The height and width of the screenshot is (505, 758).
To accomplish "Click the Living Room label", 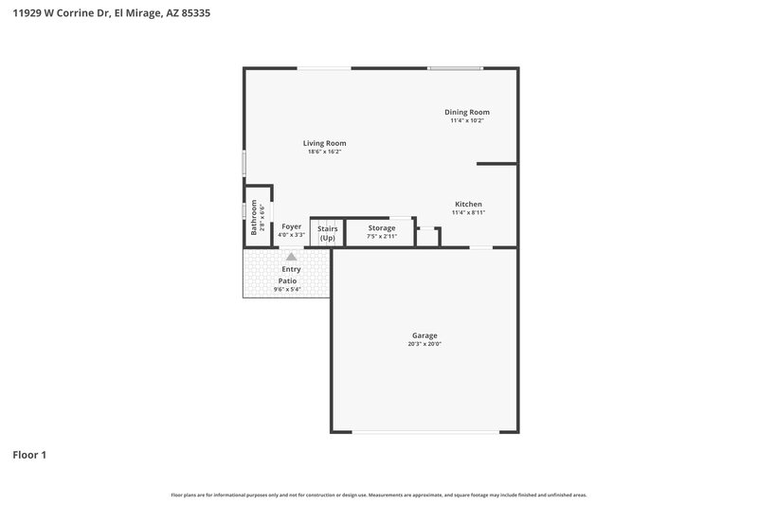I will pyautogui.click(x=324, y=143).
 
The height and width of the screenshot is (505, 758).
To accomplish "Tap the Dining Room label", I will pyautogui.click(x=467, y=112).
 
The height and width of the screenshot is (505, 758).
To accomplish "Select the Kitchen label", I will pyautogui.click(x=468, y=204).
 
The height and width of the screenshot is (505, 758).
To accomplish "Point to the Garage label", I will pyautogui.click(x=424, y=335).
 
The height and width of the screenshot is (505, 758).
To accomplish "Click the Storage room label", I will pyautogui.click(x=382, y=228).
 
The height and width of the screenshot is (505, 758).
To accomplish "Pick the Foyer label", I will pyautogui.click(x=291, y=227).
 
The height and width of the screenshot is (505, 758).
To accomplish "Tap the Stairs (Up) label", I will pyautogui.click(x=327, y=233).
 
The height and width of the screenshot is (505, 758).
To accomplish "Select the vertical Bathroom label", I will pyautogui.click(x=254, y=217).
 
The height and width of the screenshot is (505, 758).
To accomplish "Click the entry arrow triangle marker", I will pyautogui.click(x=291, y=257).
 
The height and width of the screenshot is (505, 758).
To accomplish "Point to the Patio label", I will pyautogui.click(x=287, y=280).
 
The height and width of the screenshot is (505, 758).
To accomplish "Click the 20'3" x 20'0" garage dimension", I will pyautogui.click(x=424, y=344).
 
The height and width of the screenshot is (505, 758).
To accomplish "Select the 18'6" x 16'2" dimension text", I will pyautogui.click(x=324, y=152).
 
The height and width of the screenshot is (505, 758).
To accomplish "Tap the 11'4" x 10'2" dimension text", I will pyautogui.click(x=467, y=120).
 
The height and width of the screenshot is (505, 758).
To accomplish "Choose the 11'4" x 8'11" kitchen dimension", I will pyautogui.click(x=468, y=212).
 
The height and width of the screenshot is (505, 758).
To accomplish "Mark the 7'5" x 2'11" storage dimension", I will pyautogui.click(x=382, y=236).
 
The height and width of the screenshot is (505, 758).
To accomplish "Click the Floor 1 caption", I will pyautogui.click(x=29, y=455).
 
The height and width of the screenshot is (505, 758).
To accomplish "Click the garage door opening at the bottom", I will pyautogui.click(x=426, y=432).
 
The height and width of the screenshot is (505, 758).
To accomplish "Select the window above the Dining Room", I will pyautogui.click(x=455, y=67).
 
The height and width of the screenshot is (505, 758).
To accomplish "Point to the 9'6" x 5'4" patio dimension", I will pyautogui.click(x=287, y=290).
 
